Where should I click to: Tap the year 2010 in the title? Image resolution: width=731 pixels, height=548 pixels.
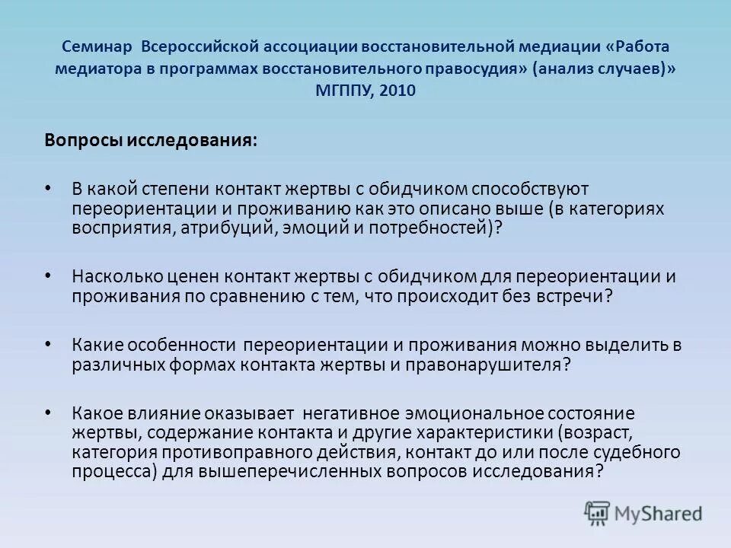pyautogui.click(x=399, y=89)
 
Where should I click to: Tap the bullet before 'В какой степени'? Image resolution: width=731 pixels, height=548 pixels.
pyautogui.click(x=49, y=187)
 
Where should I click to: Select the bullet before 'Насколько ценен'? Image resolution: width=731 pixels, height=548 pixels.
pyautogui.click(x=49, y=276)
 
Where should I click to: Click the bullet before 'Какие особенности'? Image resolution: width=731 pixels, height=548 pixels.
pyautogui.click(x=49, y=344)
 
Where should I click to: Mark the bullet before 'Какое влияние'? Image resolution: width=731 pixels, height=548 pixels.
pyautogui.click(x=49, y=413)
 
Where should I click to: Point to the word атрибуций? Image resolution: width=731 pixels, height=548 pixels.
pyautogui.click(x=228, y=227)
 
